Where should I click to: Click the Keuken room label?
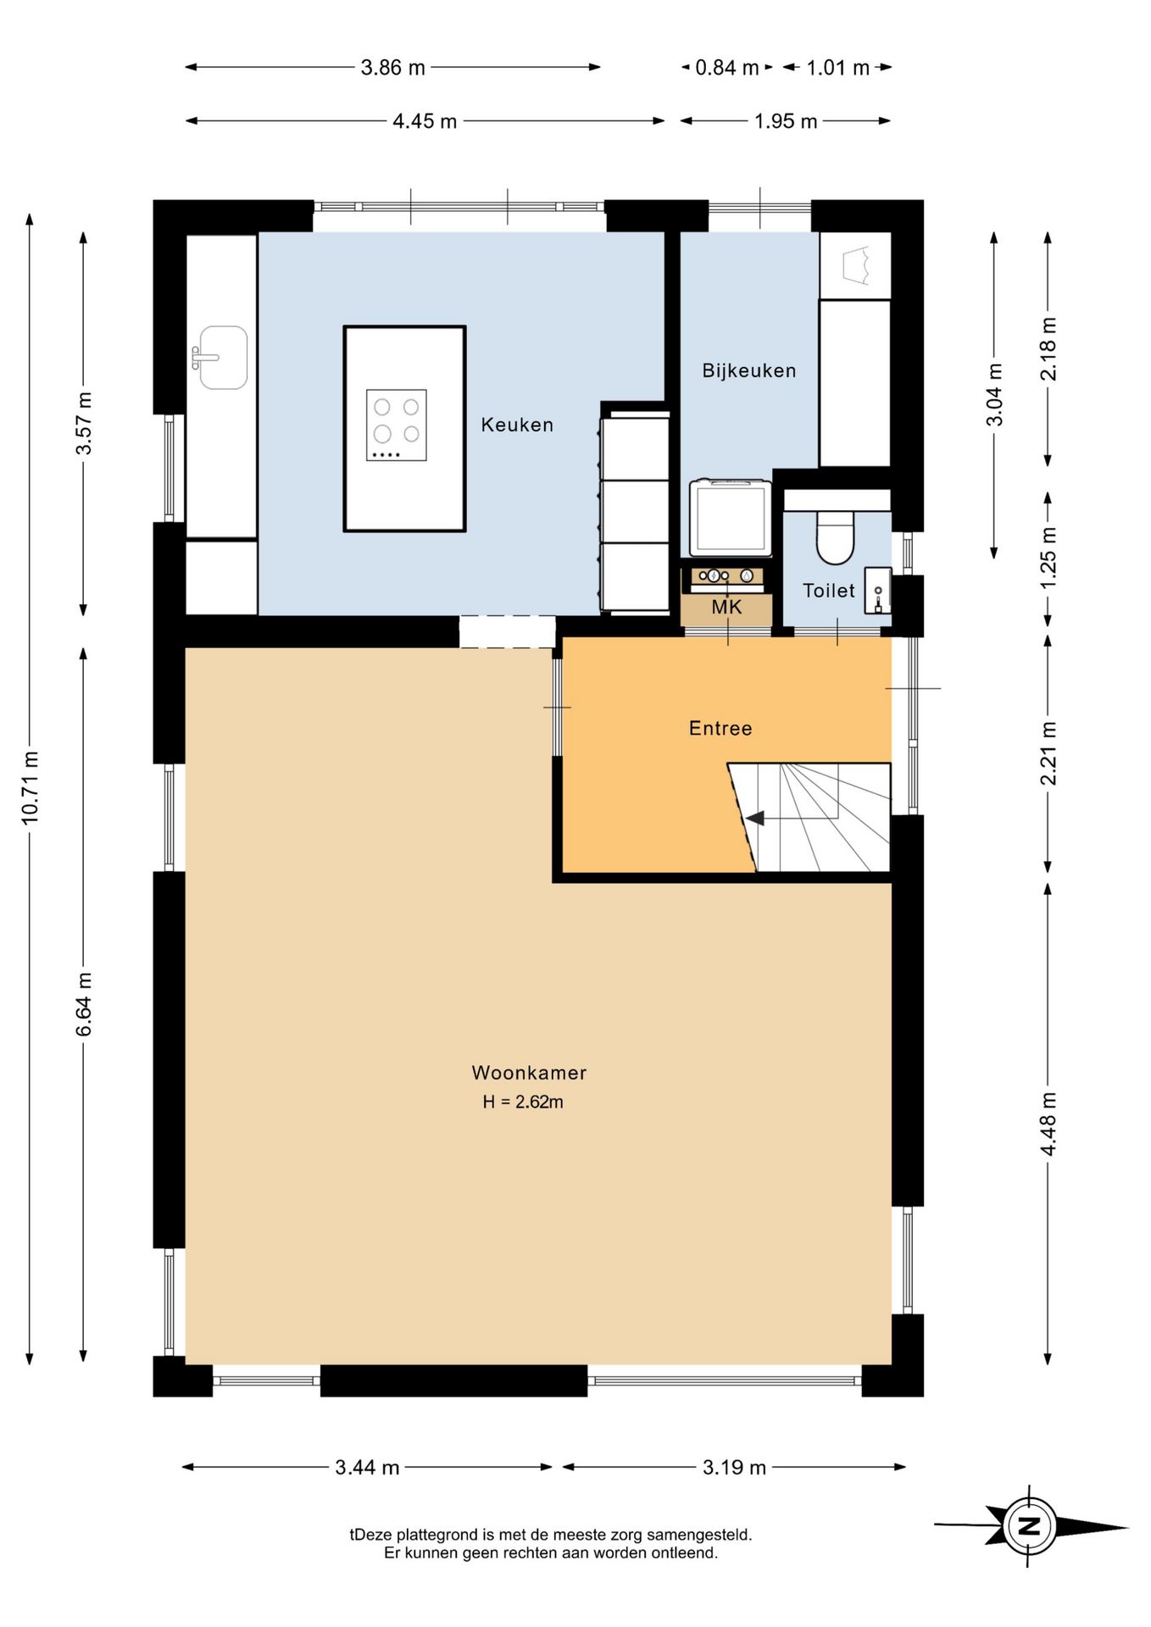(x=517, y=425)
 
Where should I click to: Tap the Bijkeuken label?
(x=749, y=370)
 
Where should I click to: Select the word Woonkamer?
(x=529, y=1073)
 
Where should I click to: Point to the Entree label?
(x=720, y=728)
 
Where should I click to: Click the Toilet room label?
(x=829, y=591)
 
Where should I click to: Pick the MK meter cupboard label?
(x=726, y=607)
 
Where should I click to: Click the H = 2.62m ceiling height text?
(x=523, y=1102)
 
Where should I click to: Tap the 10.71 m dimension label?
(x=31, y=787)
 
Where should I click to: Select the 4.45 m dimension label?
(x=425, y=121)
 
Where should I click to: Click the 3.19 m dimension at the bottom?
(x=734, y=1467)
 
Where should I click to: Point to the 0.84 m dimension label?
(x=726, y=68)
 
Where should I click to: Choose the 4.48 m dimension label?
(x=1048, y=1124)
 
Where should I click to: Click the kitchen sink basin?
(x=222, y=358)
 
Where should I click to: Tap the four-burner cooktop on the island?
(x=396, y=425)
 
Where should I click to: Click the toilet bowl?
(x=836, y=537)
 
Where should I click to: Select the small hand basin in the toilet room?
(x=877, y=591)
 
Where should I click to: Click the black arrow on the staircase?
(x=754, y=819)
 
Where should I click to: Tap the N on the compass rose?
(x=1029, y=1526)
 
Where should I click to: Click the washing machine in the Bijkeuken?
(x=731, y=518)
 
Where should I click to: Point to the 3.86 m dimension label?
(x=392, y=68)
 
